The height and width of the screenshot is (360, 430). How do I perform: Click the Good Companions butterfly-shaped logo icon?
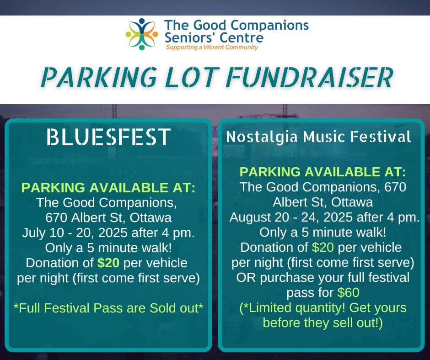pyautogui.click(x=142, y=34)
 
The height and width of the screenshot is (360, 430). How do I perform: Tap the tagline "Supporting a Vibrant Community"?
pyautogui.click(x=212, y=48)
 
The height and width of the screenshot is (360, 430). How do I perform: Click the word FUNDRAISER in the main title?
pyautogui.click(x=310, y=78)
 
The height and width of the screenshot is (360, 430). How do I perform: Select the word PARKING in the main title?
pyautogui.click(x=99, y=78)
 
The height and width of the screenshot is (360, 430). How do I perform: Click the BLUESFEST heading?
pyautogui.click(x=108, y=137)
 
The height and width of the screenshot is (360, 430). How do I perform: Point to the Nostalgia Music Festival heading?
pyautogui.click(x=319, y=137)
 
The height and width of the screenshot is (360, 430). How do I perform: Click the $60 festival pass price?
pyautogui.click(x=348, y=292)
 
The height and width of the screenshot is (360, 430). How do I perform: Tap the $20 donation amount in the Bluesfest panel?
pyautogui.click(x=108, y=263)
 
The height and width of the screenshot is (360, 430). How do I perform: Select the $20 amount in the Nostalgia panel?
pyautogui.click(x=323, y=248)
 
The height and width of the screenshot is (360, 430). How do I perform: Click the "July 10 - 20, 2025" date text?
pyautogui.click(x=75, y=233)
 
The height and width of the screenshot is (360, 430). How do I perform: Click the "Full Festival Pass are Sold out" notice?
pyautogui.click(x=108, y=308)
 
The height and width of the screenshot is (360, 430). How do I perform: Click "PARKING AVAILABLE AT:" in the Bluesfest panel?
pyautogui.click(x=108, y=188)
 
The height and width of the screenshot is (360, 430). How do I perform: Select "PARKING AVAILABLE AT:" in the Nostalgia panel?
pyautogui.click(x=323, y=172)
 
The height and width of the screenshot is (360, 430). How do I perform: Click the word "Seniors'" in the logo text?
pyautogui.click(x=190, y=38)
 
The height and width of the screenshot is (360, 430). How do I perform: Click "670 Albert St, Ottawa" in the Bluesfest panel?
pyautogui.click(x=108, y=218)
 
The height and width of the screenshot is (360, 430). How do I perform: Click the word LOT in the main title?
pyautogui.click(x=192, y=78)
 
